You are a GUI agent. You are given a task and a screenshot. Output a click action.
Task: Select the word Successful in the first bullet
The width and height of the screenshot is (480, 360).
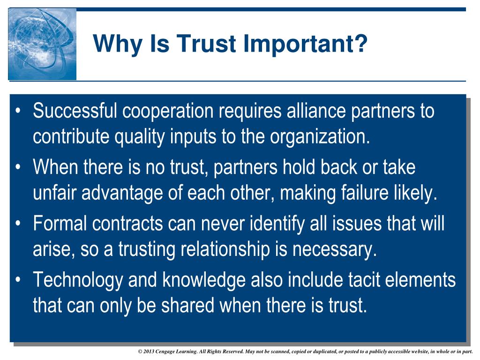tap(75, 112)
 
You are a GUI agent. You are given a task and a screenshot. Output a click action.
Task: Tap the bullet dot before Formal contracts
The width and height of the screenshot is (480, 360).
tap(18, 224)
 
